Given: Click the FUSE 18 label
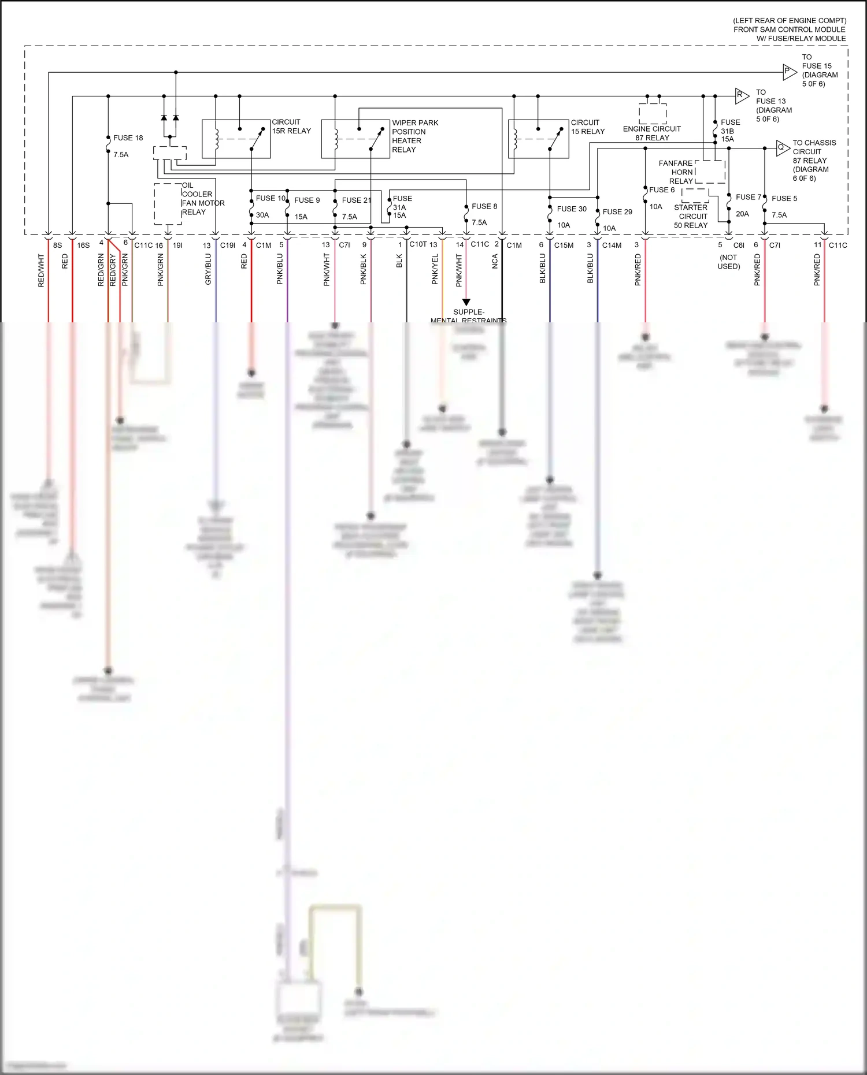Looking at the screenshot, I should tap(128, 138).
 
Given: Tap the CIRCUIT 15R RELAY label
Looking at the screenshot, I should tap(291, 127).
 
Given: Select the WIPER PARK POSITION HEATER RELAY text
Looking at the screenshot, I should tap(414, 136).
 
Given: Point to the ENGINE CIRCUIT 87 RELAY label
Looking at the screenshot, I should tap(652, 133).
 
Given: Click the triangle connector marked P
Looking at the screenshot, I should tap(789, 72).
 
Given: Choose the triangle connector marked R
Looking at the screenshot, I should tap(742, 96).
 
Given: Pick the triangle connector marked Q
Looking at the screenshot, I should tap(783, 148).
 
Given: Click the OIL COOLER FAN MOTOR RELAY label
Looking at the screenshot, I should tap(203, 199).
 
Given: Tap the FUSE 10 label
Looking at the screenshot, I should tap(271, 198).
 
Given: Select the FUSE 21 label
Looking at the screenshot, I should tap(356, 200).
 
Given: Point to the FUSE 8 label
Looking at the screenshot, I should tap(484, 206).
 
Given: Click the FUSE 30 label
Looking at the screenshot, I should tap(572, 209).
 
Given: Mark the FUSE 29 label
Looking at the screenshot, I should tap(617, 212).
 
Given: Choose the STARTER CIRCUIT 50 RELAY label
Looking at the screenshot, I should tap(691, 217).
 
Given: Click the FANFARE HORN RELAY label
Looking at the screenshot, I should tap(676, 172).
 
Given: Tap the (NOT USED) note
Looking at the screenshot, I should tap(728, 262).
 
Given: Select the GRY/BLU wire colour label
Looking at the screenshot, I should tap(208, 269).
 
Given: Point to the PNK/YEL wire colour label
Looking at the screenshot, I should tap(435, 270).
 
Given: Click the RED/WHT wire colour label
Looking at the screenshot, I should tap(41, 270).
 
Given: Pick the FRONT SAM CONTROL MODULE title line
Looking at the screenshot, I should tap(789, 29).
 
